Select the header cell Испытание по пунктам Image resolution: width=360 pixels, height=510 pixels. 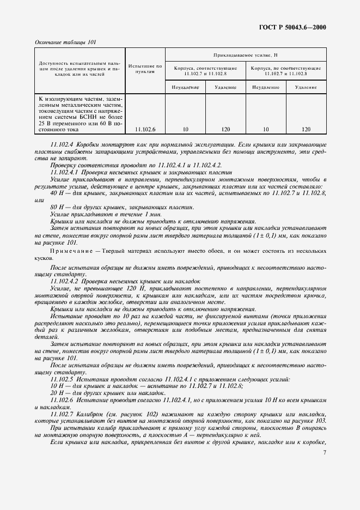145,69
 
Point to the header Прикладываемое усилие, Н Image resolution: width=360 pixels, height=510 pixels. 246,55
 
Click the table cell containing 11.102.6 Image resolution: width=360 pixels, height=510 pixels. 145,129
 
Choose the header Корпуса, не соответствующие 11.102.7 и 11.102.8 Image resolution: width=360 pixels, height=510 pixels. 285,71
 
